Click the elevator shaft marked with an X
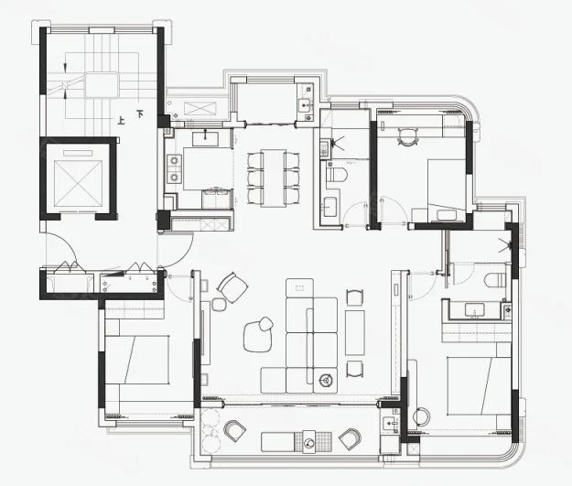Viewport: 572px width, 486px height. (78, 184)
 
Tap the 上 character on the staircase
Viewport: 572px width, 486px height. (121, 120)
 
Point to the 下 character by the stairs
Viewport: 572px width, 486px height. (140, 113)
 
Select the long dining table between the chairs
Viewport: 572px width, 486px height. (274, 178)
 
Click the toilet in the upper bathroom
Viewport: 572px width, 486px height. (336, 174)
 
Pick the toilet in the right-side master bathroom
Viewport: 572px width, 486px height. (495, 281)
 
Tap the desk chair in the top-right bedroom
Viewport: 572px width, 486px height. (407, 137)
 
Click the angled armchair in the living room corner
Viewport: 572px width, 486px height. (232, 288)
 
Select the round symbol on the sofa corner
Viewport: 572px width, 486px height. (325, 381)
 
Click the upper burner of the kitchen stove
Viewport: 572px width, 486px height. (175, 160)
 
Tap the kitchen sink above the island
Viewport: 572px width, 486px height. (205, 138)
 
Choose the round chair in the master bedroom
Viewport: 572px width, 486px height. (421, 416)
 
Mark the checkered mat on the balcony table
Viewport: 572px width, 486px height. (309, 442)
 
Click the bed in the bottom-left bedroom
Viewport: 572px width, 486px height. (137, 360)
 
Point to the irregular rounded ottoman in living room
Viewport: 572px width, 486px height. (258, 334)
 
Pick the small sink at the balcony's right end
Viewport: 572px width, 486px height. (390, 424)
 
